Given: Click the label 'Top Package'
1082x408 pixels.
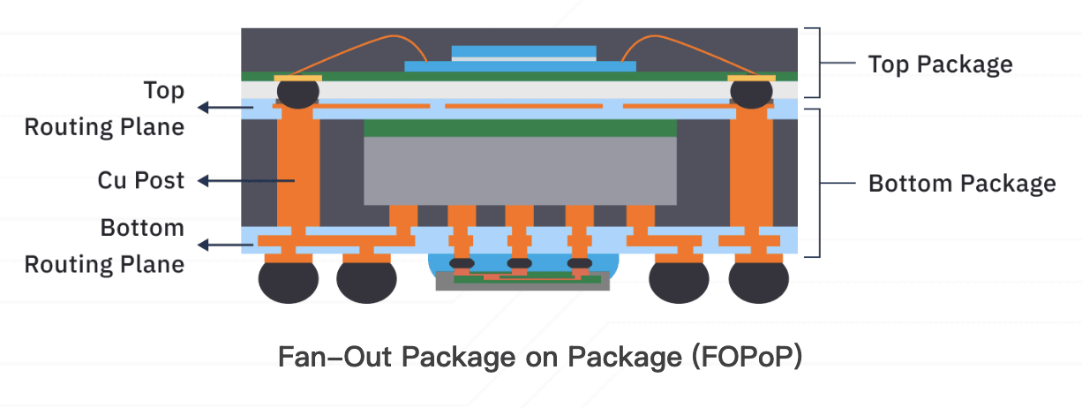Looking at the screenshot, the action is click(x=940, y=64).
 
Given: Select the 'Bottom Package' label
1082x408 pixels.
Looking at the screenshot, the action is click(x=962, y=184).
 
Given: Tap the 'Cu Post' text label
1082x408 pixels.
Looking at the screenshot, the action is click(x=140, y=180).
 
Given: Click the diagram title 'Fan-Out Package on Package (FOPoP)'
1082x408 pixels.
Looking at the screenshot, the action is click(x=540, y=358).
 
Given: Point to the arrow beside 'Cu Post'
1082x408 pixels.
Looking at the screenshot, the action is click(x=246, y=181).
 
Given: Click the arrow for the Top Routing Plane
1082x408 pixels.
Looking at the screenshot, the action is click(x=226, y=108).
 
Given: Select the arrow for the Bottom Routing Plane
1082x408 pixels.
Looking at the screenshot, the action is click(x=226, y=246).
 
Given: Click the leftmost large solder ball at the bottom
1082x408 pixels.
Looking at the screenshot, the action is click(x=289, y=282).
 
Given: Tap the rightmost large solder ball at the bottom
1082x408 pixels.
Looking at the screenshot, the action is click(x=758, y=282).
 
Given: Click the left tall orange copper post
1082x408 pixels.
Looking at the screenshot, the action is click(x=298, y=170).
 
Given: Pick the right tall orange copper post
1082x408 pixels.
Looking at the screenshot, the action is click(x=751, y=170).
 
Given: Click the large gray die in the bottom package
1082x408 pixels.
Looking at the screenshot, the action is click(x=520, y=170).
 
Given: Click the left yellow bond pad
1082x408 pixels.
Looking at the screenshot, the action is click(x=297, y=78).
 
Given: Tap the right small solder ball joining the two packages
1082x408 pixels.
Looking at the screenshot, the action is click(x=751, y=94).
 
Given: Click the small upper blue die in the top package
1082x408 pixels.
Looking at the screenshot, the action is click(x=523, y=51).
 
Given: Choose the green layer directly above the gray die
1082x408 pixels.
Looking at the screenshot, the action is click(x=520, y=128).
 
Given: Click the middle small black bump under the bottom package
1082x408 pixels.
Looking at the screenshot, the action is click(x=519, y=263).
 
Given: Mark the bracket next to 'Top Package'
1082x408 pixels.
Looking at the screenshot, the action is click(x=820, y=63).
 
